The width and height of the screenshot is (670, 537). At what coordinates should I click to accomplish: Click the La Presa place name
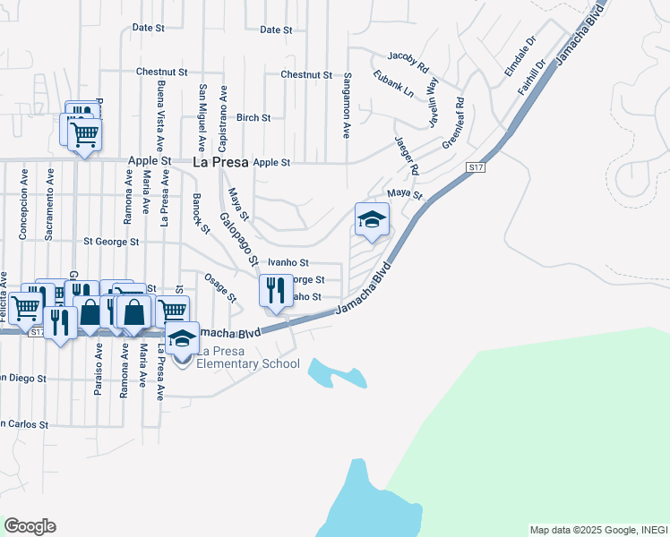[x=220, y=162]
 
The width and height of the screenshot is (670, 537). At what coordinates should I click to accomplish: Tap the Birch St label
[x=253, y=117]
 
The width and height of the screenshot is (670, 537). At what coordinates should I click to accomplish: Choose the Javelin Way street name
[x=432, y=98]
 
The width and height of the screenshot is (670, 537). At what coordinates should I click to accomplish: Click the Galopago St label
[x=239, y=241]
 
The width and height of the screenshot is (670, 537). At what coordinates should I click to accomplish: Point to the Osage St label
[x=220, y=286]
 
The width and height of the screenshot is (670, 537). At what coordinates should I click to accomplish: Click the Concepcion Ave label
[x=23, y=214]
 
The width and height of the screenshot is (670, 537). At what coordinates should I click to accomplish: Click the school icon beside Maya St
[x=373, y=219]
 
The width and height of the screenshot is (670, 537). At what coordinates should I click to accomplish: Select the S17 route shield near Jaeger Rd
[x=475, y=167]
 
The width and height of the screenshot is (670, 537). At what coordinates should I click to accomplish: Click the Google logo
[x=30, y=526]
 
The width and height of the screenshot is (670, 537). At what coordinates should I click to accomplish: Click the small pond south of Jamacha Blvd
[x=336, y=372]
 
